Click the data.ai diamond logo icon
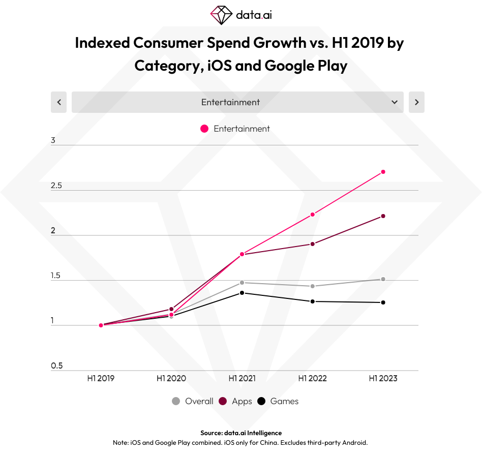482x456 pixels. click(x=221, y=15)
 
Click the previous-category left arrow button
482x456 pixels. click(x=59, y=102)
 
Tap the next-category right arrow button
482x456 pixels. click(x=416, y=102)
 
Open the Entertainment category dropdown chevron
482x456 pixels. click(x=395, y=102)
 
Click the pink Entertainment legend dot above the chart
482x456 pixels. click(x=204, y=129)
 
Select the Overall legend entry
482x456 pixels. click(x=193, y=401)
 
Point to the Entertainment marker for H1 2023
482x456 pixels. click(x=383, y=172)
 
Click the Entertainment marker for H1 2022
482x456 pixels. click(x=313, y=215)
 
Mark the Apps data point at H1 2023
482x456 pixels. click(x=383, y=216)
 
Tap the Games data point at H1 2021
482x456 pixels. click(x=242, y=293)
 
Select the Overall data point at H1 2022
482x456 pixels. click(x=313, y=286)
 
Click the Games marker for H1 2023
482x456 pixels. click(x=383, y=302)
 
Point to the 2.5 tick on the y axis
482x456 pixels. click(x=56, y=186)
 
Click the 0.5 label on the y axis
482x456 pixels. click(x=56, y=366)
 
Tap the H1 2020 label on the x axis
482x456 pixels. click(x=171, y=379)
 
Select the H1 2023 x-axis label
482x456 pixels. click(x=383, y=379)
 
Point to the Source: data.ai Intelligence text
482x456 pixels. click(x=240, y=433)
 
